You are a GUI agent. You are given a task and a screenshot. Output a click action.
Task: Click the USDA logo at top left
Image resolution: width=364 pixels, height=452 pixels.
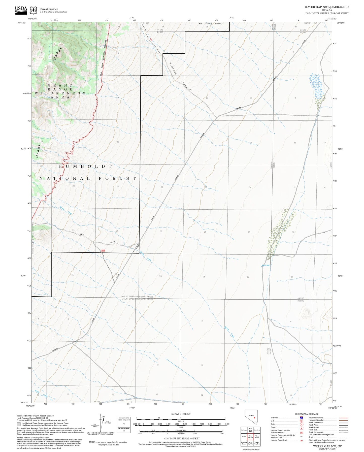tap(21, 10)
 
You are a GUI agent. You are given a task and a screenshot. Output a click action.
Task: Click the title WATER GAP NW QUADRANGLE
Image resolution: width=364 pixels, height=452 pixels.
tap(327, 7)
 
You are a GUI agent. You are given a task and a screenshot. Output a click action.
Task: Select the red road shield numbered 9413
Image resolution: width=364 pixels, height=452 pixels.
tap(103, 250)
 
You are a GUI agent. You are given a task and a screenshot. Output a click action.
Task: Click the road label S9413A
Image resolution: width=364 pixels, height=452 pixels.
tap(112, 242)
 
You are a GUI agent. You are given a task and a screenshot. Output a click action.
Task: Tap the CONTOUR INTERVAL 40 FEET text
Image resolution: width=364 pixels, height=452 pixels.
tap(182, 438)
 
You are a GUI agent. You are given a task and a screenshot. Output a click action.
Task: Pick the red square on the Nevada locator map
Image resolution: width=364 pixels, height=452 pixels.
tap(254, 425)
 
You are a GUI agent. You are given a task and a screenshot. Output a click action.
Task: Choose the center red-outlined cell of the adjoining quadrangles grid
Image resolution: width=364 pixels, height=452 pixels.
tap(250, 437)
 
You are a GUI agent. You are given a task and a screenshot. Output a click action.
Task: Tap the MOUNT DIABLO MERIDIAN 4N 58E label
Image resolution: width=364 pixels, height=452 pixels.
tap(138, 297)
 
